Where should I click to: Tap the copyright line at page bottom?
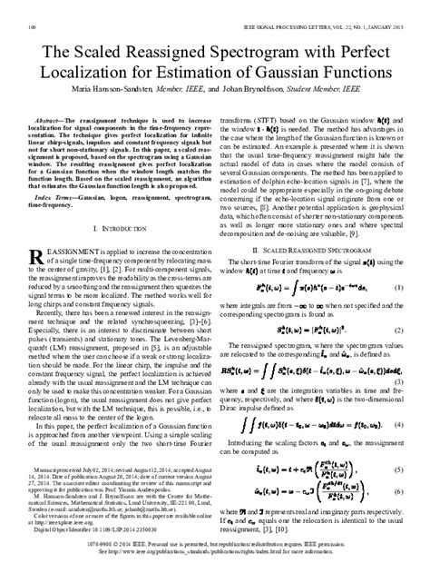(215, 561)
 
